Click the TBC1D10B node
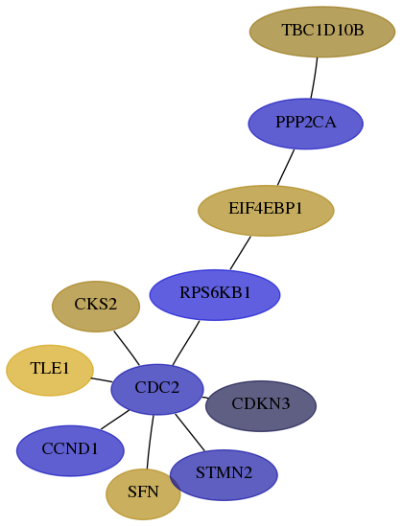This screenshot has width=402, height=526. click(x=322, y=32)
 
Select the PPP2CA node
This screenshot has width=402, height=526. click(x=306, y=124)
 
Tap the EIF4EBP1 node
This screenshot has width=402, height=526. click(x=266, y=211)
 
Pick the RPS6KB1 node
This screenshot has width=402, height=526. click(x=215, y=295)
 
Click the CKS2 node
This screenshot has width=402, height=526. click(x=96, y=307)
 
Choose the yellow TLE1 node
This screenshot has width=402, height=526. click(x=50, y=371)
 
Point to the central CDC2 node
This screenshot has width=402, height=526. click(x=157, y=389)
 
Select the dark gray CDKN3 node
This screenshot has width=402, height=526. click(x=261, y=406)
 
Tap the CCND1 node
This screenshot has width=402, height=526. click(x=70, y=451)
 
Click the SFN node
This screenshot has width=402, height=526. click(x=143, y=494)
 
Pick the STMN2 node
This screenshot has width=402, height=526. click(x=224, y=475)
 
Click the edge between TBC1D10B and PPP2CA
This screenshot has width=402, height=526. click(x=315, y=78)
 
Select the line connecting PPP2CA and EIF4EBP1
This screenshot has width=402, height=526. click(x=286, y=167)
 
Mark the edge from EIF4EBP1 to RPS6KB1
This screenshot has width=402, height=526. click(x=241, y=253)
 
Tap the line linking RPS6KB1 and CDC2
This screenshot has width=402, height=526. click(x=186, y=343)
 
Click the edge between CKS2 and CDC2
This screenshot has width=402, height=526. click(x=127, y=348)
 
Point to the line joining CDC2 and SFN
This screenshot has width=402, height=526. click(x=150, y=442)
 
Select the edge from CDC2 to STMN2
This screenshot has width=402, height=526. click(x=190, y=432)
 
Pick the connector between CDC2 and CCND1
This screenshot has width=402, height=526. click(x=115, y=420)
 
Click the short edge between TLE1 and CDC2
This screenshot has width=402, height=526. click(x=102, y=380)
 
